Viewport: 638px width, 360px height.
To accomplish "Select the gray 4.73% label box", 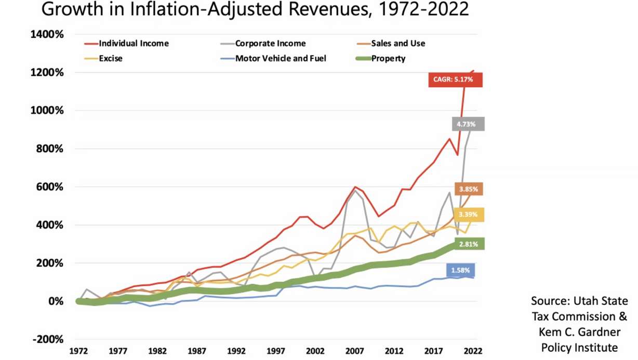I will pyautogui.click(x=467, y=124).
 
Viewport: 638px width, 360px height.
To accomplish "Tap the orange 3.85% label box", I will pyautogui.click(x=468, y=189).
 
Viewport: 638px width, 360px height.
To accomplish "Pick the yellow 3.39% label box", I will pyautogui.click(x=468, y=215).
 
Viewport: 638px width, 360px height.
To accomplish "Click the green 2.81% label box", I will pyautogui.click(x=468, y=244).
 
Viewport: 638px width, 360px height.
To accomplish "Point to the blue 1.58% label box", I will pyautogui.click(x=460, y=270).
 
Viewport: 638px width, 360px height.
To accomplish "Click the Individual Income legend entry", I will pyautogui.click(x=133, y=44).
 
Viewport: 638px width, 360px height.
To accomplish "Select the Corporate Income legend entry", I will pyautogui.click(x=270, y=44).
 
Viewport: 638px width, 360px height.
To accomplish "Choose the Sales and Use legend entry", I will pyautogui.click(x=397, y=44).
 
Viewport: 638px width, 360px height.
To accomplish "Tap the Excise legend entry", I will pyautogui.click(x=110, y=59).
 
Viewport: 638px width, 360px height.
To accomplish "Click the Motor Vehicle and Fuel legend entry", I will pyautogui.click(x=280, y=59).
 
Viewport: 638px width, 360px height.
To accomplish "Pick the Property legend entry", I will pyautogui.click(x=388, y=59).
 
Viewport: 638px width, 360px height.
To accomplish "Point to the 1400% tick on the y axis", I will pyautogui.click(x=47, y=35).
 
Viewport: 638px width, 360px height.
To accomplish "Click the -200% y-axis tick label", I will pyautogui.click(x=48, y=339).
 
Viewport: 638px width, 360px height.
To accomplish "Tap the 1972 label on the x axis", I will pyautogui.click(x=78, y=351).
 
